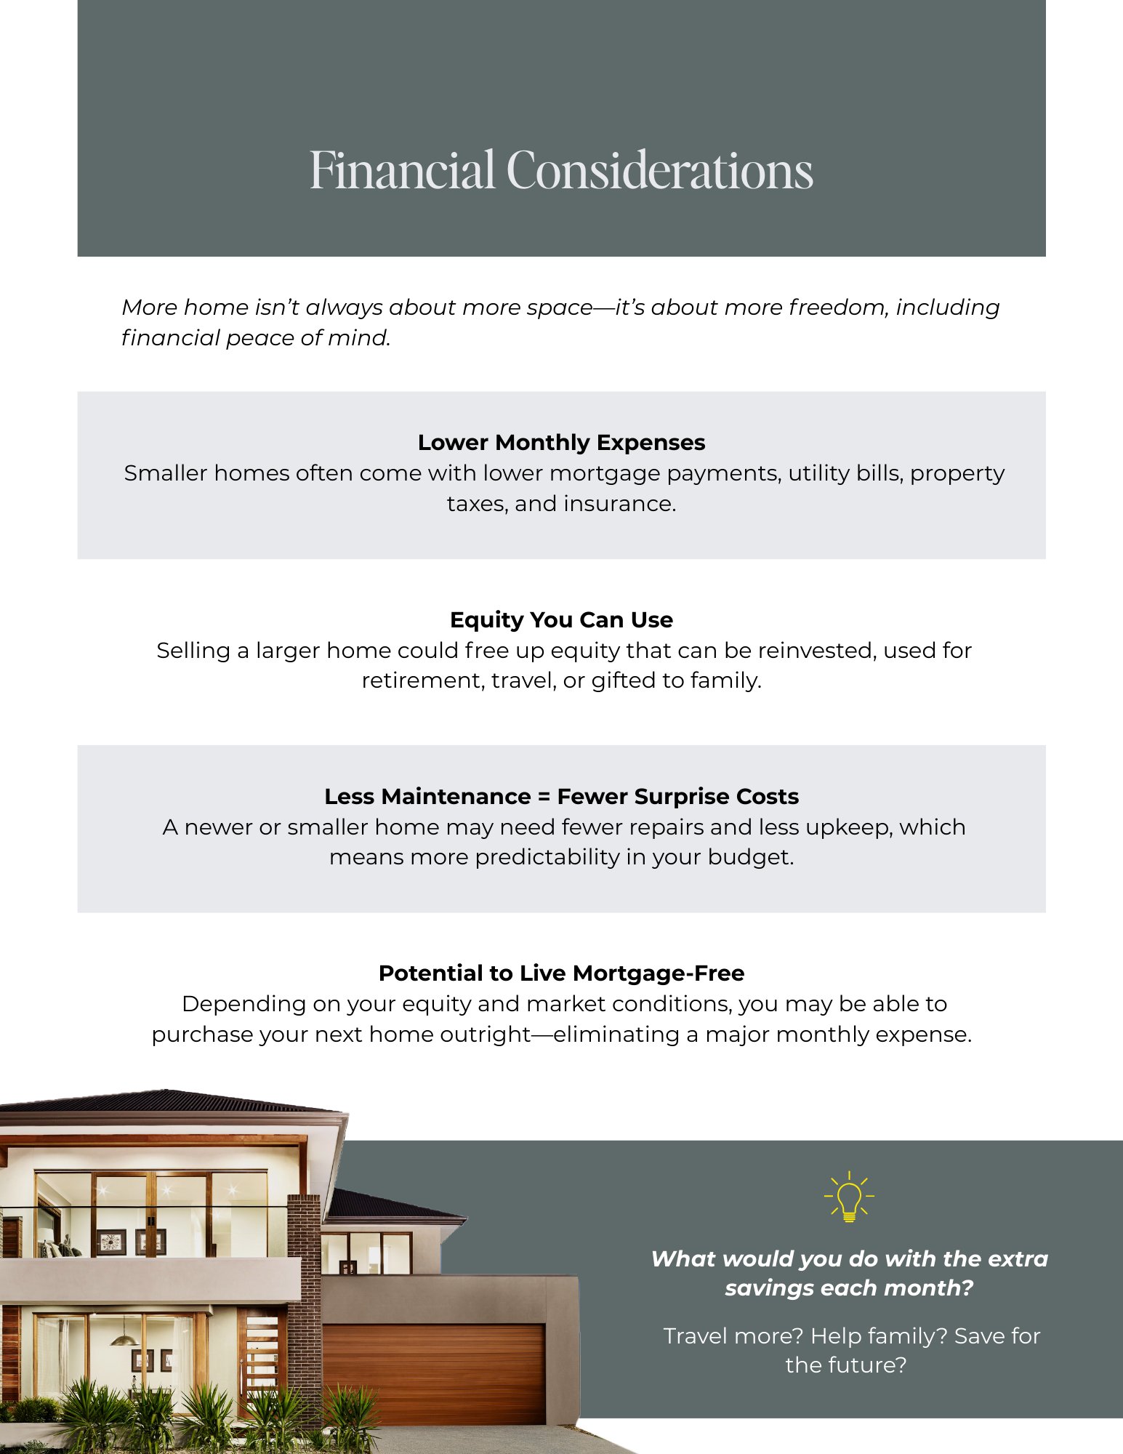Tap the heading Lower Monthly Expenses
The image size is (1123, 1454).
561,442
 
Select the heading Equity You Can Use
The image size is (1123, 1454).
561,619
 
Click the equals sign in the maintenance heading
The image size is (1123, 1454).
544,797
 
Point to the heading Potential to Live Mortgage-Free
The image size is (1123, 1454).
561,973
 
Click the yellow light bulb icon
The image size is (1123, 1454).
848,1197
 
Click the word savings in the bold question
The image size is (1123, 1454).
769,1288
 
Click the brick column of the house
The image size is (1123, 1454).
304,1280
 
